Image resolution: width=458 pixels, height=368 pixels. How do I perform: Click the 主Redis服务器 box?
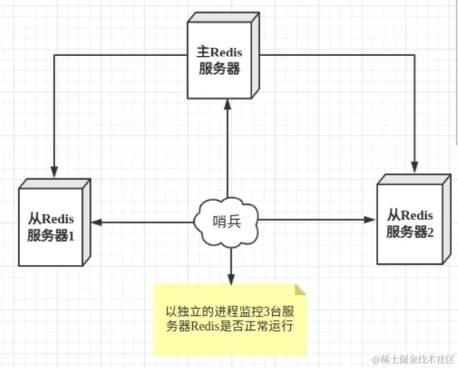click(220, 60)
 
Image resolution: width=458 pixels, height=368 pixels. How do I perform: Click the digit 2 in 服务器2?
click(430, 232)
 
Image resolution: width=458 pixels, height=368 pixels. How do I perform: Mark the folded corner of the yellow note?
click(300, 290)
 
